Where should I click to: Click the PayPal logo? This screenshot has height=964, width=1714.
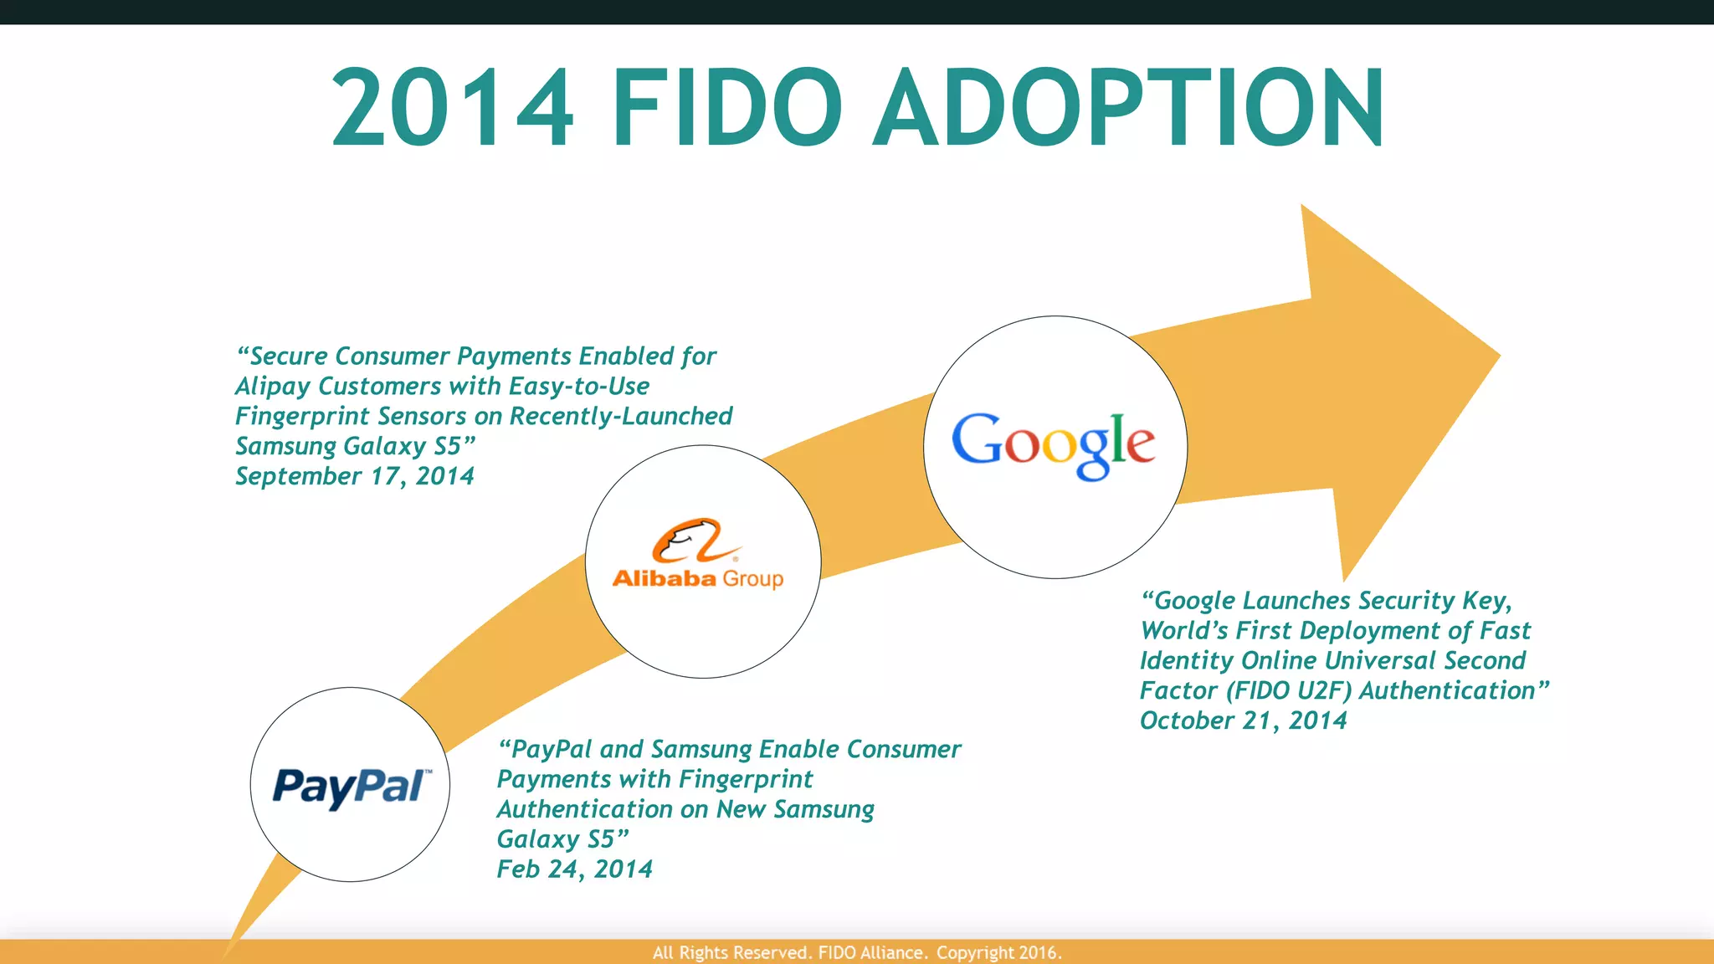tap(352, 787)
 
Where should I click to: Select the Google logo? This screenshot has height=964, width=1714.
tap(1054, 444)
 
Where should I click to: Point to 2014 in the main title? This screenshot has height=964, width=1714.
tap(453, 109)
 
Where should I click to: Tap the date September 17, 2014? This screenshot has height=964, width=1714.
tap(355, 476)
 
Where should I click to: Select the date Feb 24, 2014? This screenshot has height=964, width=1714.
tap(574, 869)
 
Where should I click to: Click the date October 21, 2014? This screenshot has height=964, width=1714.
tap(1243, 720)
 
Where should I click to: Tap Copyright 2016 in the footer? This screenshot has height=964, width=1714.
tap(998, 952)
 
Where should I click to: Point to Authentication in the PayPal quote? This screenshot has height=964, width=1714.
tap(584, 809)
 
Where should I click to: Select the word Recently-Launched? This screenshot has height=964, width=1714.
tap(620, 417)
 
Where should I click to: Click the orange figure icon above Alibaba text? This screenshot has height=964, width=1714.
tap(688, 541)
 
